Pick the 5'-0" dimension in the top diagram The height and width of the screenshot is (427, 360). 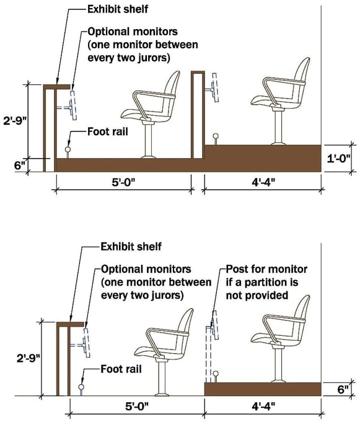(x=124, y=183)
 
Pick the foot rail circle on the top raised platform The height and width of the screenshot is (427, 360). (x=216, y=136)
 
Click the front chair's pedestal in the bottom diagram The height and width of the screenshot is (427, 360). (x=163, y=379)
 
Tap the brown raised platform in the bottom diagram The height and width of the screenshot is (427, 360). (x=263, y=389)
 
